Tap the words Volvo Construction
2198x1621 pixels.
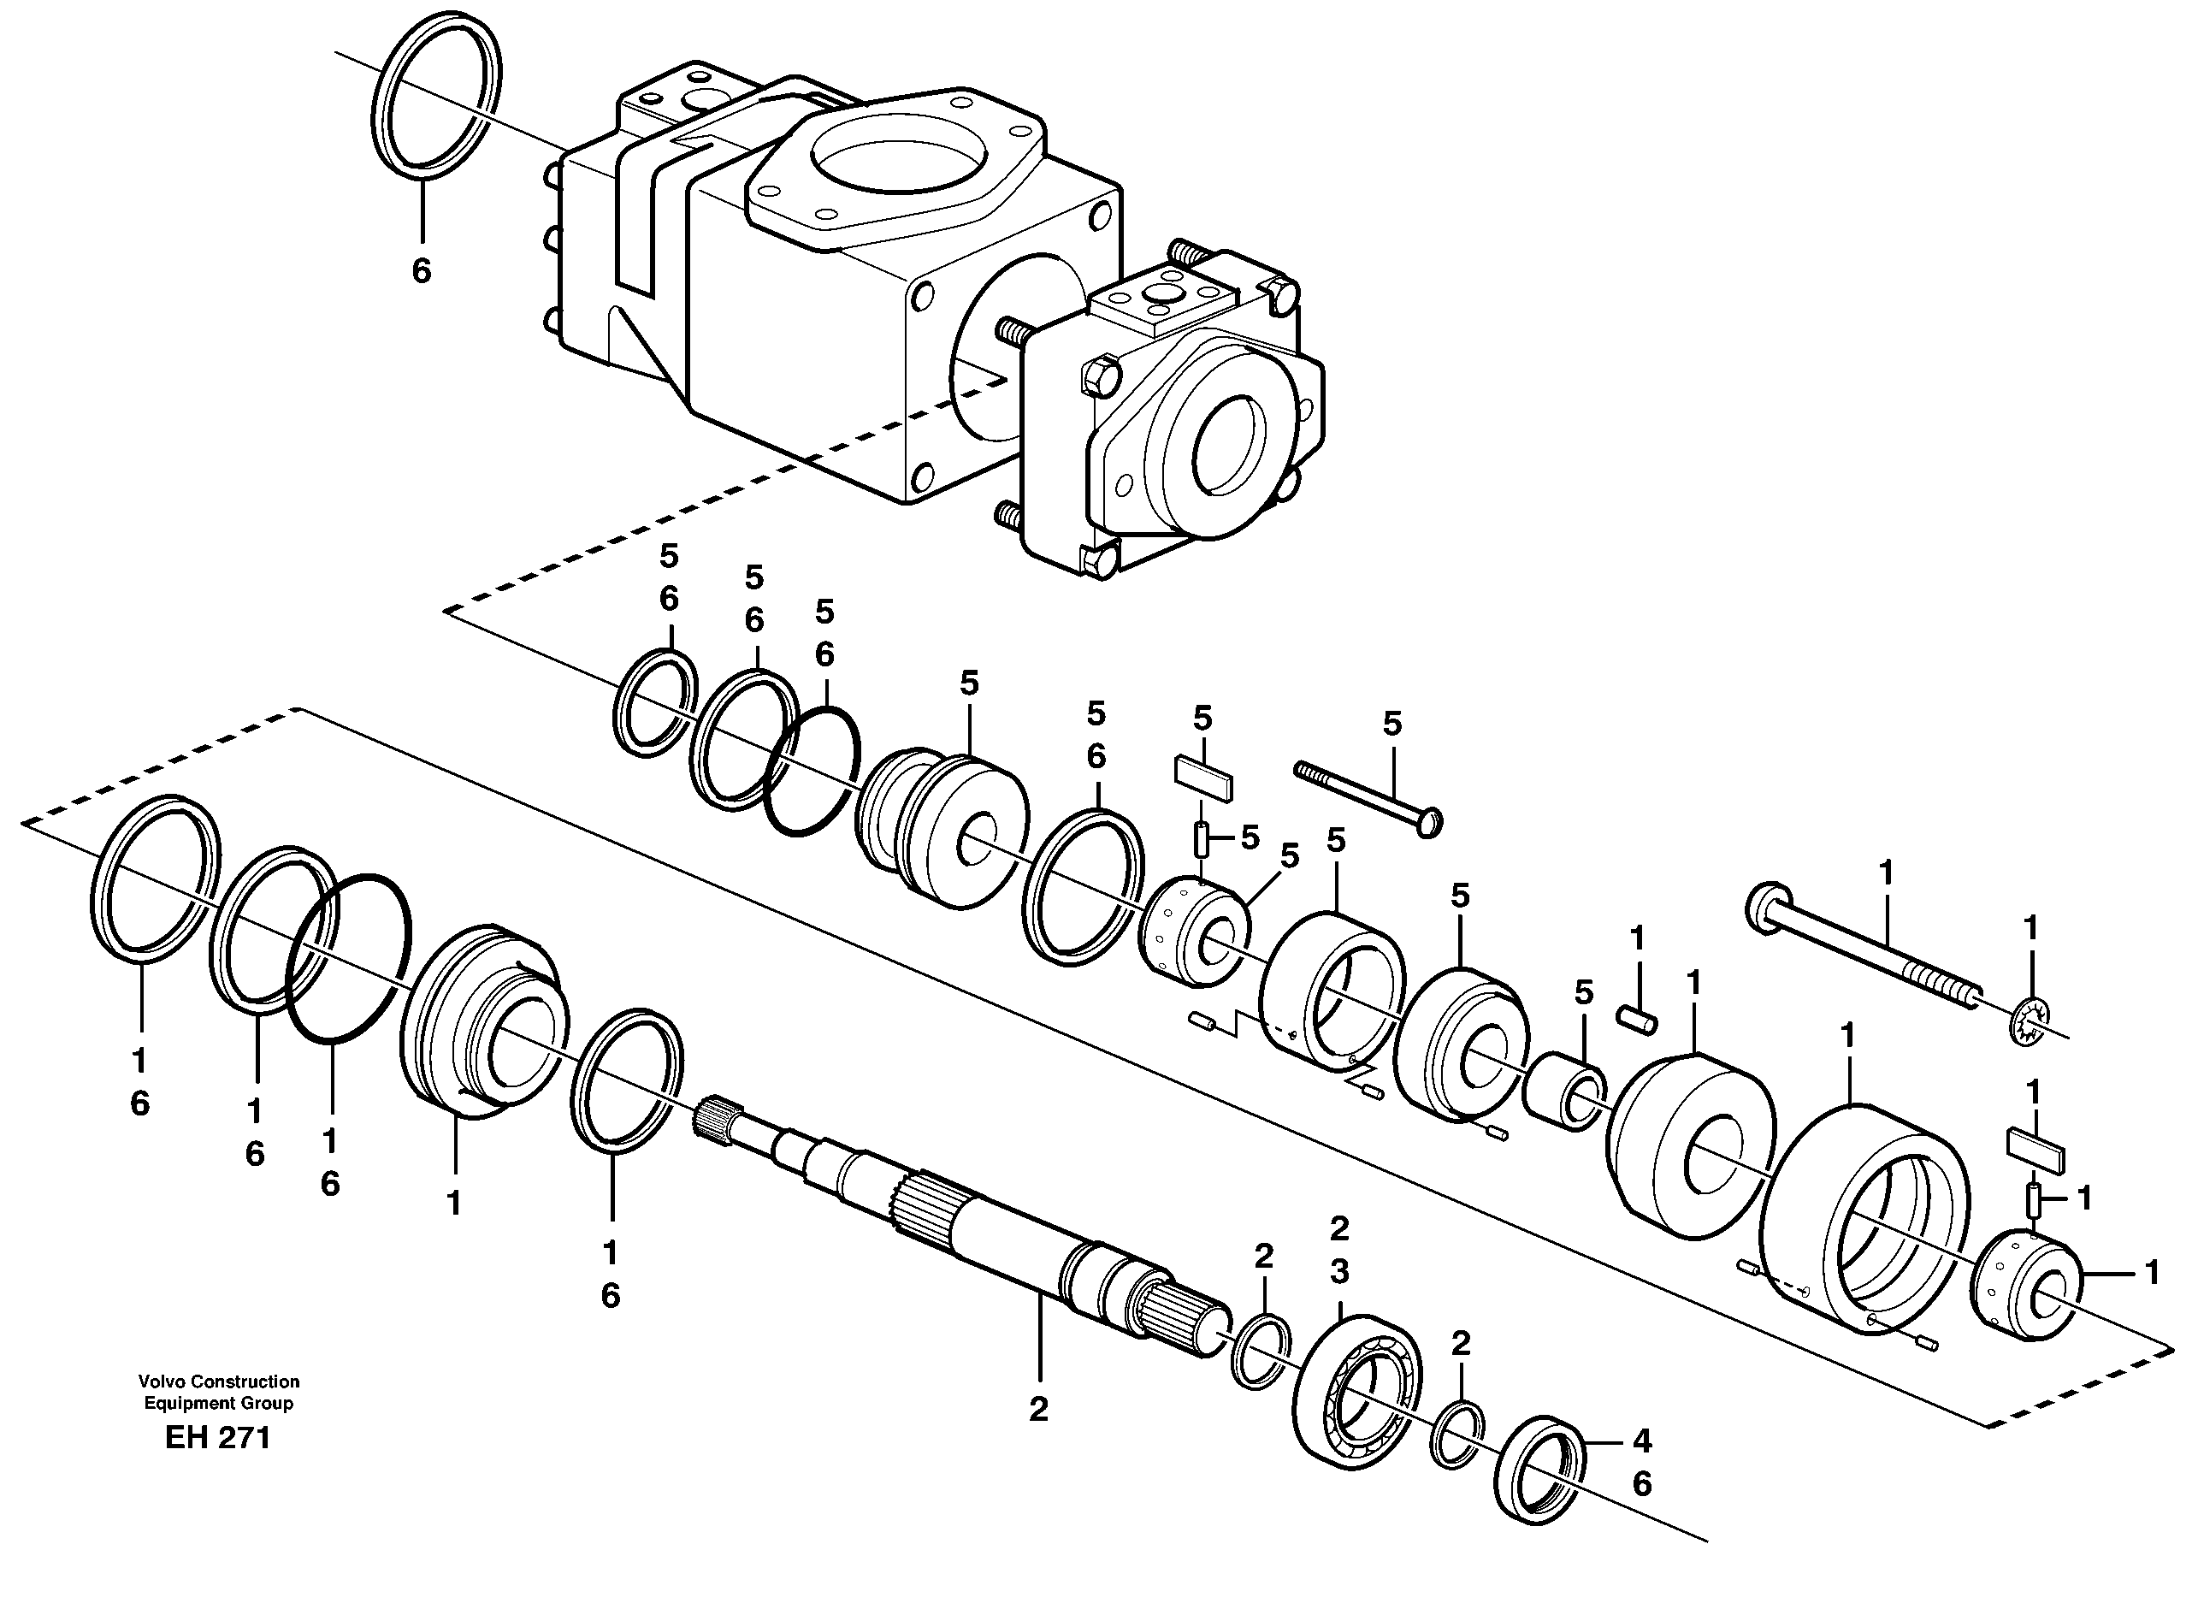[218, 1381]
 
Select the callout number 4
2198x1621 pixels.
[1642, 1441]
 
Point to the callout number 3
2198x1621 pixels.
[1338, 1272]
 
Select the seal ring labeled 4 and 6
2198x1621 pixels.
[1542, 1470]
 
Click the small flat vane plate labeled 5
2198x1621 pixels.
[1203, 780]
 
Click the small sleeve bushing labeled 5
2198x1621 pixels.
[1565, 1090]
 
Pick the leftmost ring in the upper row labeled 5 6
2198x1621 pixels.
[656, 702]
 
